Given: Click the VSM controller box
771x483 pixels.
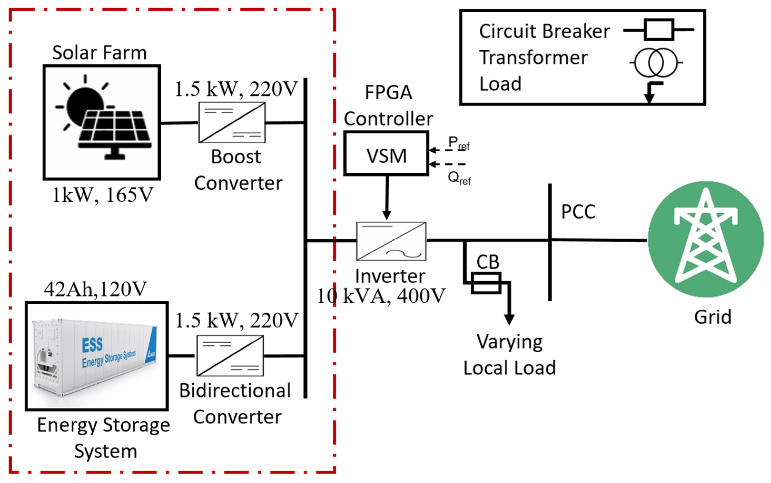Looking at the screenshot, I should coord(386,153).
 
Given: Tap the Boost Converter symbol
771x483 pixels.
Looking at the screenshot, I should coord(232,122).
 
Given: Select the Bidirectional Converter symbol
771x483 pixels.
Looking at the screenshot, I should coord(230,356).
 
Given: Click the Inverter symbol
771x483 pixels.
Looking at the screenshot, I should coord(391,241).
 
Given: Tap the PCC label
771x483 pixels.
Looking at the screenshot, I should coord(578,212).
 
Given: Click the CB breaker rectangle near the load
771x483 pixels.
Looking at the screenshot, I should coord(486,283).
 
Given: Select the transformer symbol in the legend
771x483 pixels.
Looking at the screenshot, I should coord(656,63).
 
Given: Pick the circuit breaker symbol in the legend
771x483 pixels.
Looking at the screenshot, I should coord(659,30).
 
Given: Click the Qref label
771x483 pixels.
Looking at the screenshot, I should coord(459,178).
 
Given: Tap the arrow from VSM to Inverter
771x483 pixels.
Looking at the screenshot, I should coord(387,198).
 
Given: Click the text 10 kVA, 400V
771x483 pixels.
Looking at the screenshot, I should coord(381,296).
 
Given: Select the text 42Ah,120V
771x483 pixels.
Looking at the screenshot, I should coord(95,289).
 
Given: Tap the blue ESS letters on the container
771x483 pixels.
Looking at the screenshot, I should coord(92,345).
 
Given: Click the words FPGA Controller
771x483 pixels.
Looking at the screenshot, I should coord(388,105).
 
